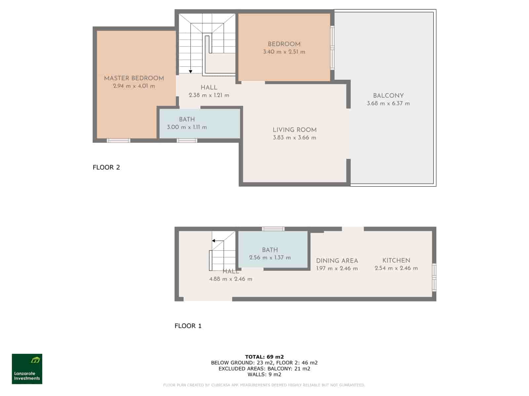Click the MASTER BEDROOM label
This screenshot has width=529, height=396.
click(134, 78)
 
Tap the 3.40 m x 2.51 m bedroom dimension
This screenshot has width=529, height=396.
click(284, 52)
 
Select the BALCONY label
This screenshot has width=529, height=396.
click(388, 96)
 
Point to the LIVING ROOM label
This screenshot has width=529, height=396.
click(294, 130)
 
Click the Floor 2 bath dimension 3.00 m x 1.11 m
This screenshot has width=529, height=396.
click(187, 127)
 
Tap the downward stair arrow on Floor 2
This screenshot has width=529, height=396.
click(190, 71)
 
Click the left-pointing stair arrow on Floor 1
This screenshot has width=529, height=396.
click(214, 241)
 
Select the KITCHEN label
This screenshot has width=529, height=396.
click(396, 260)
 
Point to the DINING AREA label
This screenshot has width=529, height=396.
click(337, 261)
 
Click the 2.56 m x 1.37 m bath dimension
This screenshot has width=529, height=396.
click(270, 258)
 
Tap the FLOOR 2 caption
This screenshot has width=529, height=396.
click(106, 167)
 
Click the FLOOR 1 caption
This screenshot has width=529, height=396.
click(188, 326)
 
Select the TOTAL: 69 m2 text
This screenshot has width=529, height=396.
click(264, 357)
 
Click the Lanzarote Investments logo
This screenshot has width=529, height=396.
click(27, 369)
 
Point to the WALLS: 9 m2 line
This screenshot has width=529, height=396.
click(264, 375)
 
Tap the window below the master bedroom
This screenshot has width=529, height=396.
click(118, 141)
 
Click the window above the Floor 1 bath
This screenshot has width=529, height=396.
click(273, 229)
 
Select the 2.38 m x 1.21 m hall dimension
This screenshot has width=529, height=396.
click(209, 95)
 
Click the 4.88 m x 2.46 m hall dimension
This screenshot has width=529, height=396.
click(230, 279)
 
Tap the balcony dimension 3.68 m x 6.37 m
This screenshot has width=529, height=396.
click(388, 103)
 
